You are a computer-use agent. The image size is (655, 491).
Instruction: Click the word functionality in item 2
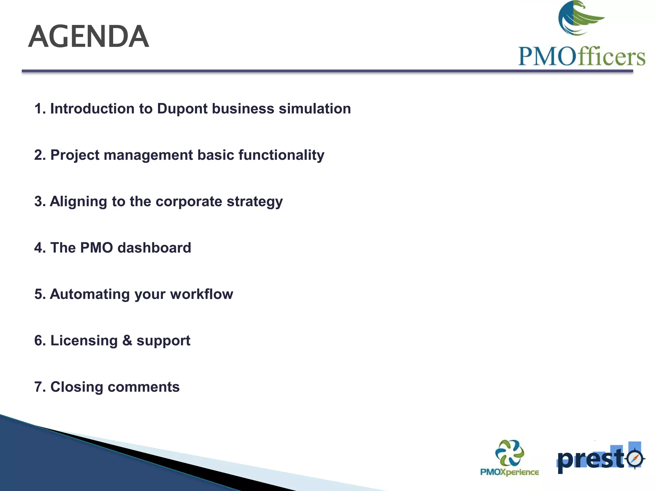[281, 155]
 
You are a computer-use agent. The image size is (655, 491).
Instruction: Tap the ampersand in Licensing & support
[127, 340]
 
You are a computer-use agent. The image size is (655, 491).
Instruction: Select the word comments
[144, 387]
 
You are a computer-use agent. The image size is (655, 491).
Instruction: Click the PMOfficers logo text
[581, 57]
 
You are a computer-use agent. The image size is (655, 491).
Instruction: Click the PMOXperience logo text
[509, 472]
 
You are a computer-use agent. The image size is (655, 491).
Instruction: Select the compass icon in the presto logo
[635, 458]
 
